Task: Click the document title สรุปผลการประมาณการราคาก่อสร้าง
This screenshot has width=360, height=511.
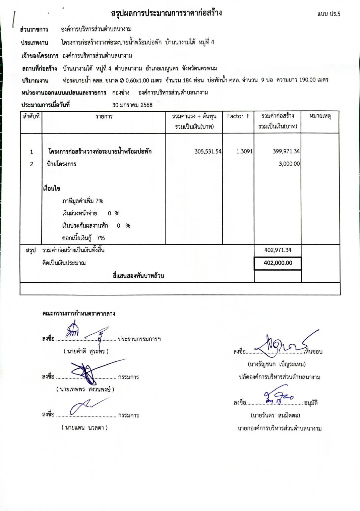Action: click(x=166, y=13)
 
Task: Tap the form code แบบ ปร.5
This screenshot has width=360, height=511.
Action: click(x=328, y=14)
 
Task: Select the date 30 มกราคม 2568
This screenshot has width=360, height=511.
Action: click(x=132, y=105)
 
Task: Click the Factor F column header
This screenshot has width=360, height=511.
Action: click(x=238, y=116)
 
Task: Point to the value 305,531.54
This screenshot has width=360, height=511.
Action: click(x=208, y=152)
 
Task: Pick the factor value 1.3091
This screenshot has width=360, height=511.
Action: click(x=244, y=152)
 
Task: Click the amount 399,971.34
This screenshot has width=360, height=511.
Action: click(x=286, y=152)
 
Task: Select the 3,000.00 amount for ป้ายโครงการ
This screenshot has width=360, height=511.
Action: click(x=289, y=164)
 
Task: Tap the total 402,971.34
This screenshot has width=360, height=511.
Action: click(x=278, y=250)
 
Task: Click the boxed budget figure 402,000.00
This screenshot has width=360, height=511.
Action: click(x=278, y=263)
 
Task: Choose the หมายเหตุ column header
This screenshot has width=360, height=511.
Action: click(x=320, y=116)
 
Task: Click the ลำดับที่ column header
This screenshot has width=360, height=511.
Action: click(x=31, y=116)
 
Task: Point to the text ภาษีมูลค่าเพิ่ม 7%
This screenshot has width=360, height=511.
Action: click(x=82, y=201)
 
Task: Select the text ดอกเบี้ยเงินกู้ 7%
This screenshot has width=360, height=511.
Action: click(x=83, y=238)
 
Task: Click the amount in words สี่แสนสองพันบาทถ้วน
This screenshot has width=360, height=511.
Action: click(x=138, y=276)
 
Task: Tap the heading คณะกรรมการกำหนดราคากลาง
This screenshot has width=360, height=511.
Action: click(x=79, y=314)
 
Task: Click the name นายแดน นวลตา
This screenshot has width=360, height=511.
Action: click(x=84, y=428)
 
